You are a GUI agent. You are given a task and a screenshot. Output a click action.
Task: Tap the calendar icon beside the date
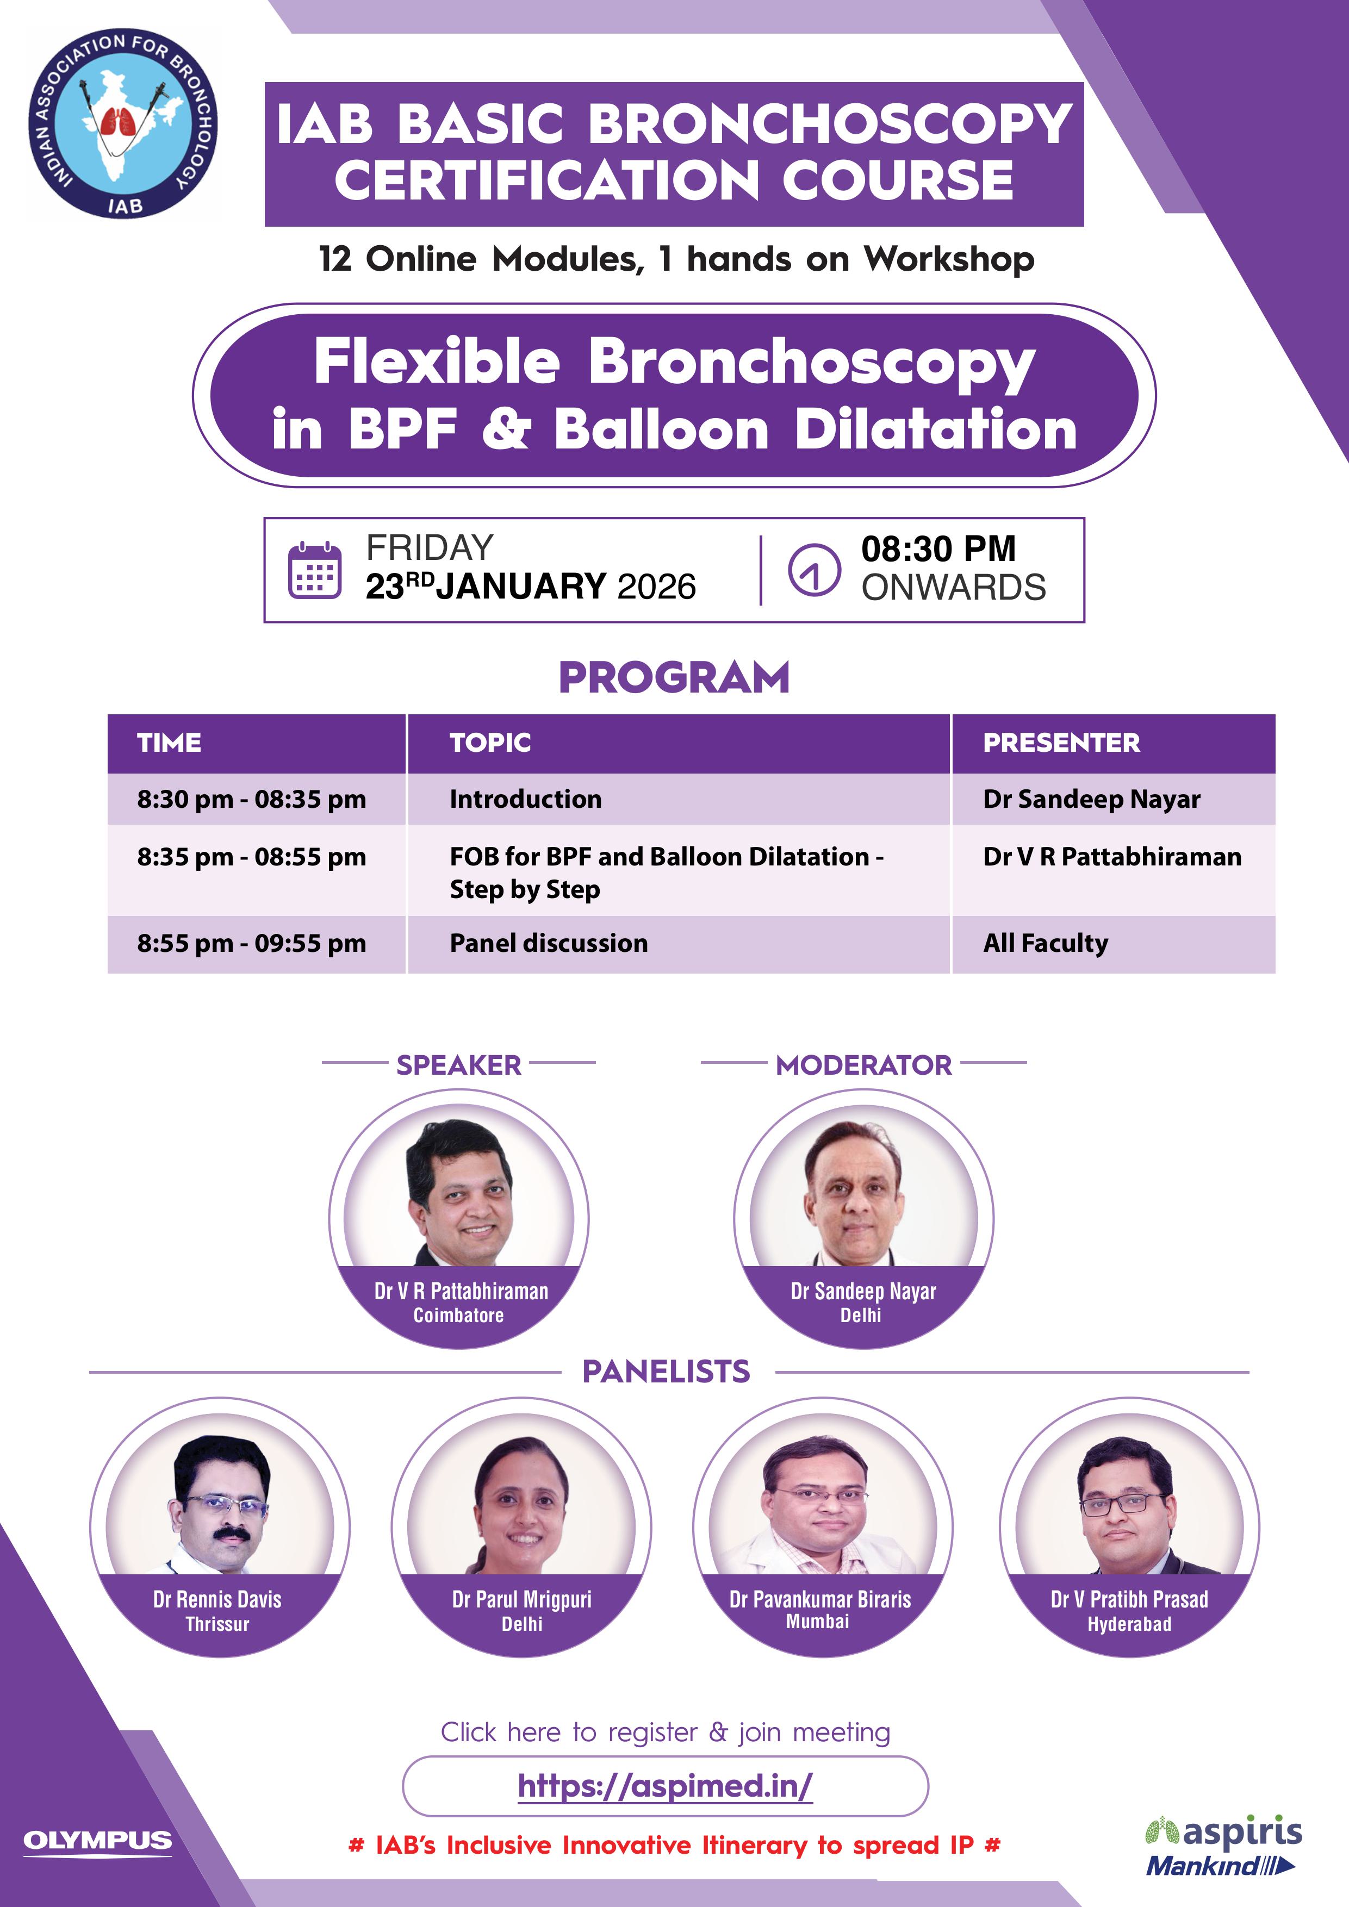(x=314, y=569)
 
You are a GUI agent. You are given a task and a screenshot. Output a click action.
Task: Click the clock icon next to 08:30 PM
(x=814, y=570)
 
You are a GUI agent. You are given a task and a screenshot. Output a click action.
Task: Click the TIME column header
(x=170, y=743)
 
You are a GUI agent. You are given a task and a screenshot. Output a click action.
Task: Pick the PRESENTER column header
(x=1061, y=743)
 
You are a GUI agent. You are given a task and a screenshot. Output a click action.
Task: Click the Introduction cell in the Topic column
(x=526, y=799)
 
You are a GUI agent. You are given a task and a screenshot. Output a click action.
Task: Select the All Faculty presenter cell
(x=1046, y=944)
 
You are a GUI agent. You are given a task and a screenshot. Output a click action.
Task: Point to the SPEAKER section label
(x=458, y=1065)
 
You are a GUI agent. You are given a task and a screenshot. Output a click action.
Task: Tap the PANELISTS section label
(x=666, y=1372)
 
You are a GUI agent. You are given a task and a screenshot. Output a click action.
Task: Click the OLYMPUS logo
(x=98, y=1841)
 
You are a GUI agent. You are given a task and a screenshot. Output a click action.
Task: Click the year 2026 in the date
(x=657, y=587)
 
